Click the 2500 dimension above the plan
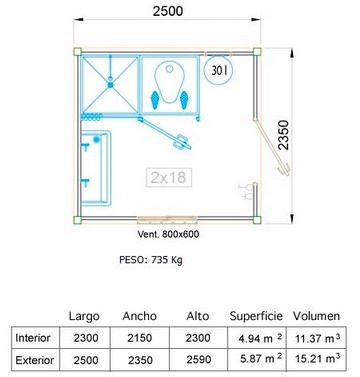(168, 11)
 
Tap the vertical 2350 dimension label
(283, 135)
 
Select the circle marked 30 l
(218, 70)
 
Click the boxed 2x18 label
(169, 177)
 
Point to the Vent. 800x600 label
(168, 234)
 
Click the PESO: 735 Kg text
(151, 260)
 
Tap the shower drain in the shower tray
(110, 85)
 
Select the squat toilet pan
(170, 82)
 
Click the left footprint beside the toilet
(155, 100)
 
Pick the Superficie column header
(256, 316)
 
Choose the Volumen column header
(316, 316)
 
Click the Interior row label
(33, 338)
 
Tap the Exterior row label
(35, 360)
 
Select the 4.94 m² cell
(260, 338)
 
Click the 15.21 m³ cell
(317, 359)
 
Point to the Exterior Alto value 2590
(198, 360)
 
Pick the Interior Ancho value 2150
(140, 338)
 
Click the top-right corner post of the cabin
(257, 52)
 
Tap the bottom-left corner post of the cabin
(77, 220)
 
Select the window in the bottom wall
(167, 219)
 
